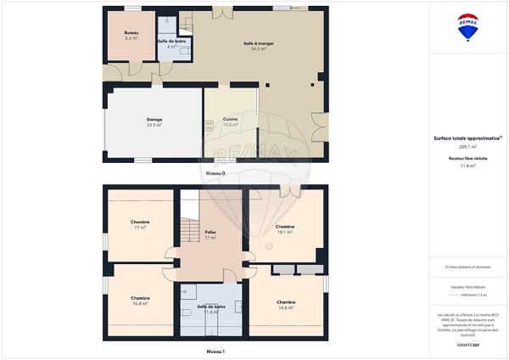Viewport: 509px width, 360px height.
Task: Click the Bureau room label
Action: click(x=131, y=33)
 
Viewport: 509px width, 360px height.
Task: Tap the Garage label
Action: click(x=154, y=119)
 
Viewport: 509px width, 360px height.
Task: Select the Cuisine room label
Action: click(x=230, y=118)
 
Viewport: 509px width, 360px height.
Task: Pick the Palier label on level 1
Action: click(x=210, y=232)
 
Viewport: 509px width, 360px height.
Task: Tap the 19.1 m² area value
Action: click(x=284, y=233)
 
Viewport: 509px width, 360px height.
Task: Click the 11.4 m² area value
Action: click(x=211, y=312)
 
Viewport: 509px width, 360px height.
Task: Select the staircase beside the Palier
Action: click(x=187, y=229)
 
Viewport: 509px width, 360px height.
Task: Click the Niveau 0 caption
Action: click(x=215, y=173)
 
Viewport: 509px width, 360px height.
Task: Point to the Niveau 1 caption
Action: click(x=215, y=350)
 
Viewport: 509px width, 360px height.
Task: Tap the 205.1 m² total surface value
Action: click(x=468, y=146)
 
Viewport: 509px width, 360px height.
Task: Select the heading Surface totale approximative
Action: click(x=467, y=138)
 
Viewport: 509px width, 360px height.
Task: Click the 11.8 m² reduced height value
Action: click(x=468, y=166)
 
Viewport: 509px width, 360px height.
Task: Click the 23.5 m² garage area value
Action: click(x=154, y=125)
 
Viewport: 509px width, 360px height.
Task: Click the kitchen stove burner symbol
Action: click(x=208, y=124)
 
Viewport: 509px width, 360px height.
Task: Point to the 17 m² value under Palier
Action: click(x=210, y=238)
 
